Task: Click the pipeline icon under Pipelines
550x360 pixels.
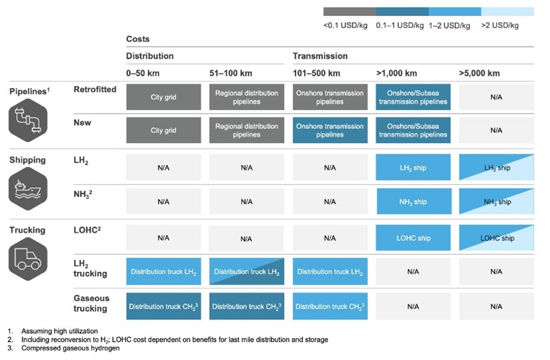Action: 28,120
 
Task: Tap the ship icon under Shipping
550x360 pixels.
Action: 28,189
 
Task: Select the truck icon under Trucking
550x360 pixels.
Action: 28,259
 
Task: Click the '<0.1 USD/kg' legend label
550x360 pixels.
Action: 345,25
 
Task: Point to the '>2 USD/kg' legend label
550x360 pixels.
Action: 500,25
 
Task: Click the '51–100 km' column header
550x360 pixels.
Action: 231,73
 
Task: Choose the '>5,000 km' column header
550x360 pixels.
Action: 479,73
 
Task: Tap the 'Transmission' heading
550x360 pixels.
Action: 320,56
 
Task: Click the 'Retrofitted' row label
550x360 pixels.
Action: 95,89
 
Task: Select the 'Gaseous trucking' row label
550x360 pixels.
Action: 91,303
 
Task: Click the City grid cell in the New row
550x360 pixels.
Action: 164,130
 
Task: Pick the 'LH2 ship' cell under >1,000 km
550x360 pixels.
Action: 413,168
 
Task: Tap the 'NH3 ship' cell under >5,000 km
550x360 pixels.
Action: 497,202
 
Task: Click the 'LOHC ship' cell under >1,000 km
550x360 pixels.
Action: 413,238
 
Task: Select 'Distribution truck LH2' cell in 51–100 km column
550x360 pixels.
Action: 247,272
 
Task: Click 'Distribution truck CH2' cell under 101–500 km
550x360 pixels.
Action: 330,307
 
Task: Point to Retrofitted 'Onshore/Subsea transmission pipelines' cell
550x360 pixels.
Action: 413,97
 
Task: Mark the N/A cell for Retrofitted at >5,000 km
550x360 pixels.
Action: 497,97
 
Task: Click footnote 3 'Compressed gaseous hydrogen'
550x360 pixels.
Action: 70,348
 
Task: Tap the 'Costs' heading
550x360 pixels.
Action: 138,39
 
